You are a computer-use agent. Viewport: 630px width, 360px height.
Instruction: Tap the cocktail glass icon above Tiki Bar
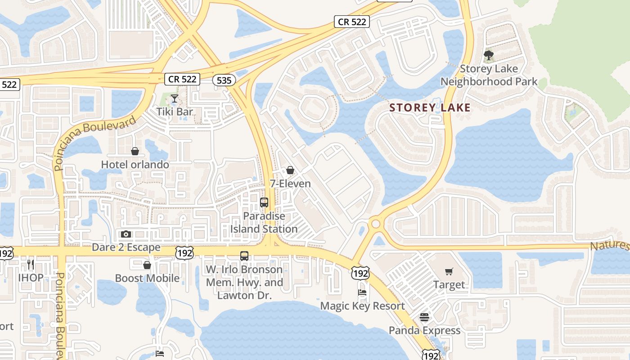point(175,98)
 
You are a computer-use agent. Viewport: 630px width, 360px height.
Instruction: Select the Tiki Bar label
point(175,112)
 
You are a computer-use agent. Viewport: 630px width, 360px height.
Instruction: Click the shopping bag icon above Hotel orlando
point(135,151)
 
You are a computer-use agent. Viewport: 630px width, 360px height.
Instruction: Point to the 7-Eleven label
point(290,184)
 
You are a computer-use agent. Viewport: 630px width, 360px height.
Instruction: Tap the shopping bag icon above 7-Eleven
point(290,170)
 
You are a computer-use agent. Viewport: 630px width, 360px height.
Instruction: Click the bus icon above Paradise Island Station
point(264,202)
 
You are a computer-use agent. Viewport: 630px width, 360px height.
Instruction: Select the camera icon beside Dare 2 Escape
point(126,234)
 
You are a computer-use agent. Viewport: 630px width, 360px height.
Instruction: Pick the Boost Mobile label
point(147,278)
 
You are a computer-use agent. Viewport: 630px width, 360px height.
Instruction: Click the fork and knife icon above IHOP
point(31,264)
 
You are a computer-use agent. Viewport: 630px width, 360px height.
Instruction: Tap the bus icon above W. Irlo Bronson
point(244,256)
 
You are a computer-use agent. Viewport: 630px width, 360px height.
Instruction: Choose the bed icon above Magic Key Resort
point(362,292)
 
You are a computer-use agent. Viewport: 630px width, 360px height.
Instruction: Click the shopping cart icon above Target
point(449,271)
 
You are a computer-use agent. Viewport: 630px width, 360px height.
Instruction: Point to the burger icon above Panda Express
point(424,317)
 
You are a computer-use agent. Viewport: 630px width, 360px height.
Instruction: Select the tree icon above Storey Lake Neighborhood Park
point(489,55)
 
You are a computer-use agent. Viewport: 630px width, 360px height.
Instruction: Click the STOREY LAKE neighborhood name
point(430,108)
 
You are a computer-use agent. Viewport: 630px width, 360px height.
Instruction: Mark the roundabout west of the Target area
point(375,224)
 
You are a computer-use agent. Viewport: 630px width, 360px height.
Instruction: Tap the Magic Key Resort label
point(362,306)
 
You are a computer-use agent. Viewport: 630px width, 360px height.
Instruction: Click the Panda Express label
point(424,331)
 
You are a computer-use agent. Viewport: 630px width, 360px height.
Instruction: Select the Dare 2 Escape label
point(126,247)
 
